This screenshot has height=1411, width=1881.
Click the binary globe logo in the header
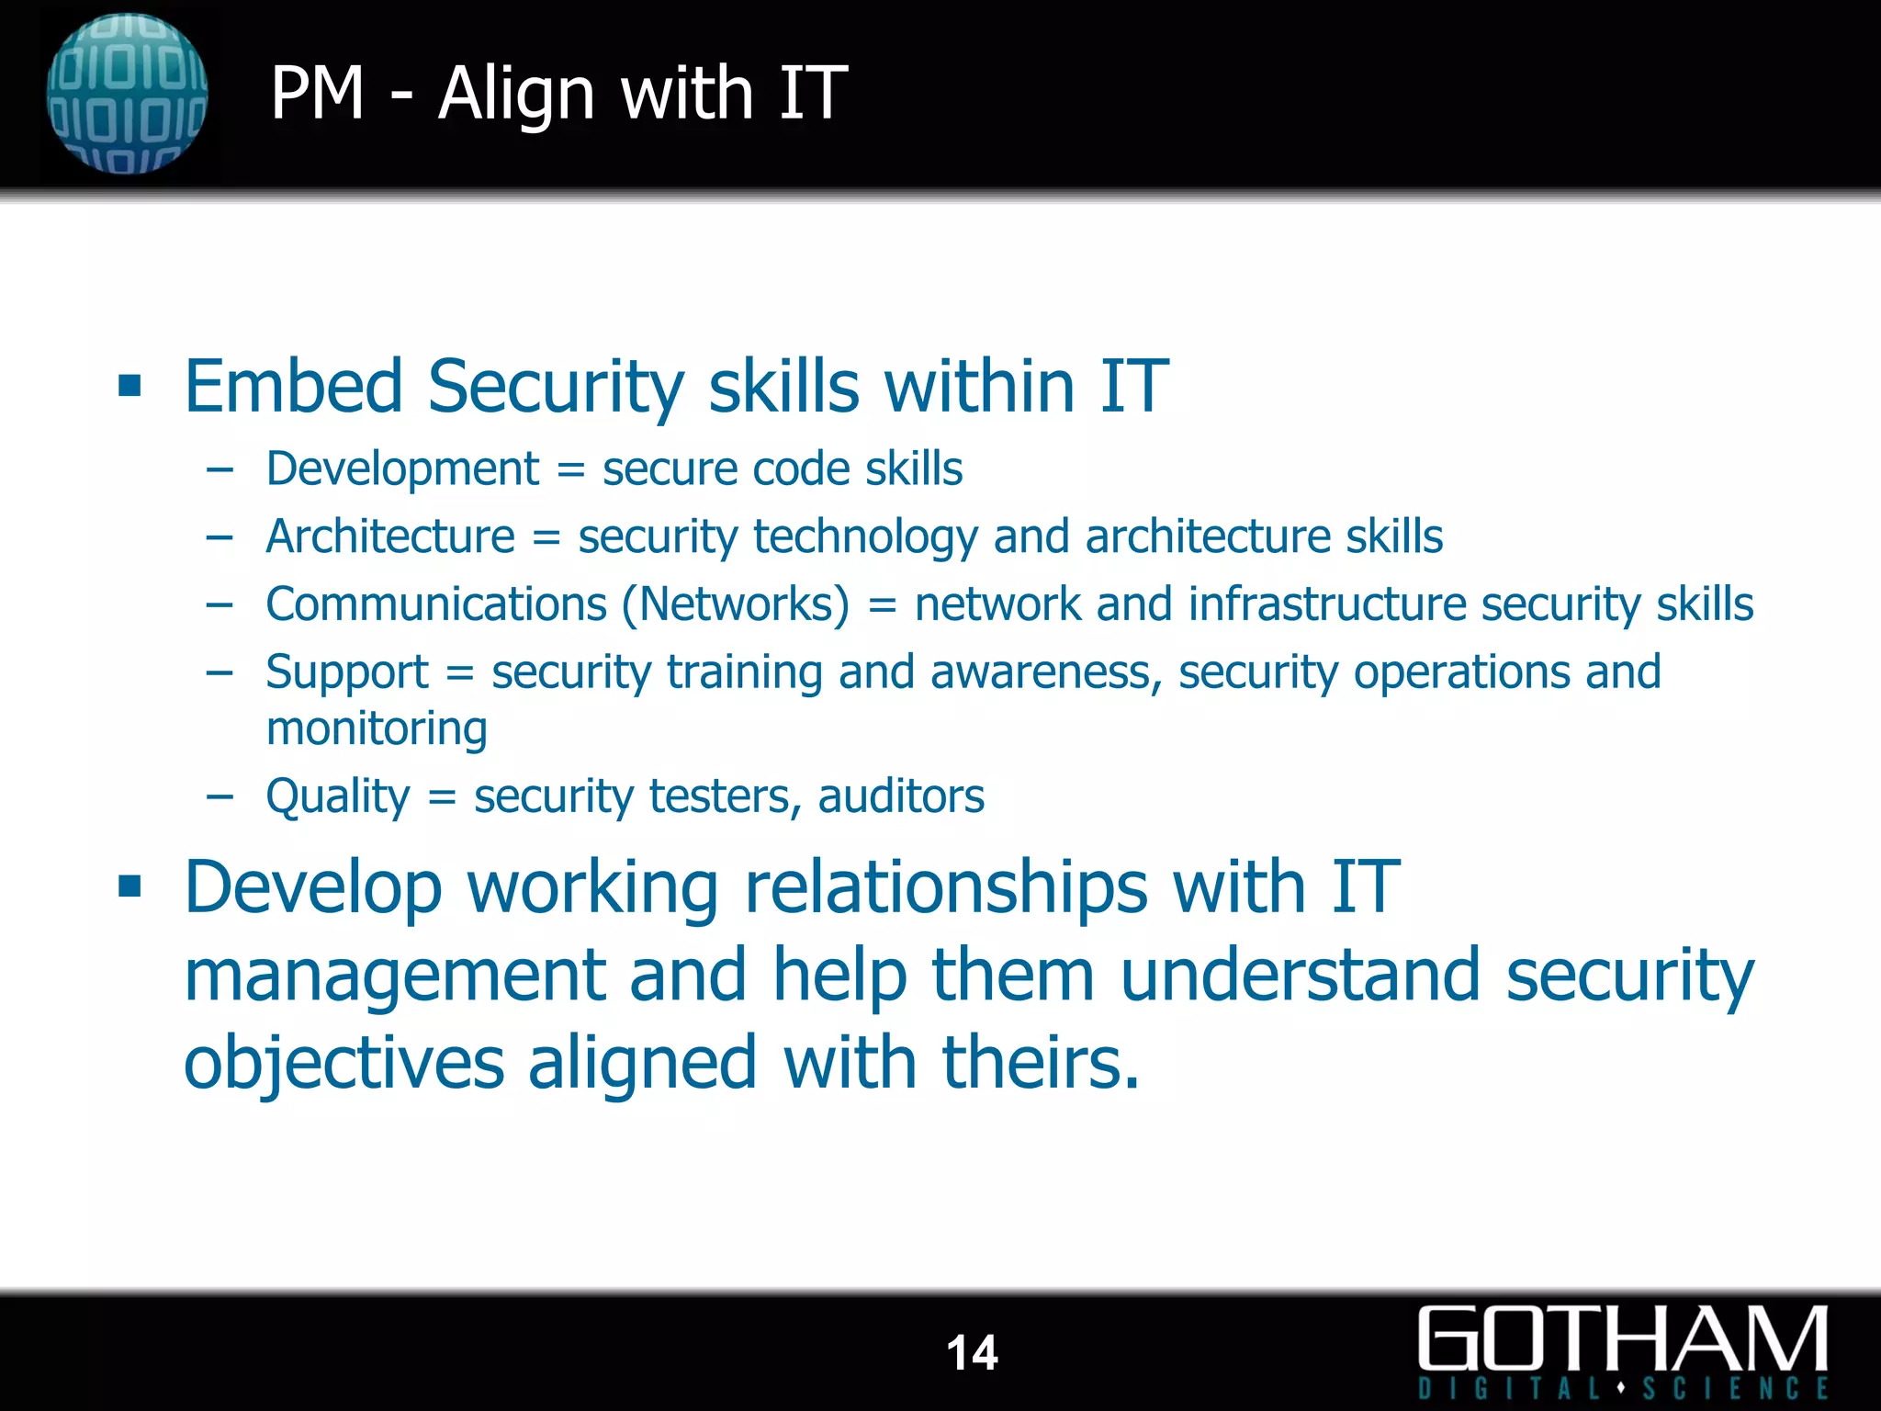coord(127,94)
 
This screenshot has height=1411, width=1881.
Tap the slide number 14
coord(972,1352)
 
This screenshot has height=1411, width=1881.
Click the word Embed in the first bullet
coord(293,386)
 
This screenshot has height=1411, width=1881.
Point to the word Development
coord(402,469)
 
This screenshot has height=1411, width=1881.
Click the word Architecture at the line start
coord(390,536)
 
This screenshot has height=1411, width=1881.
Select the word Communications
coord(436,604)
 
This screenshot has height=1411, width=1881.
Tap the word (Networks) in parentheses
coord(736,604)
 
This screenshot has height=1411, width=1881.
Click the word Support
coord(347,672)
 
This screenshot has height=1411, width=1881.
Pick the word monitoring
coord(377,729)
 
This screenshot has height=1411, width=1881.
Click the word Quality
coord(338,796)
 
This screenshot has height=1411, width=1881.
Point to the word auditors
coord(901,796)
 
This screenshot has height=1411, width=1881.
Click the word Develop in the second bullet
coord(313,887)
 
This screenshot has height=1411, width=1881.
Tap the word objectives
coord(344,1063)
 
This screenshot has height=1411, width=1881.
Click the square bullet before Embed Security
coord(130,386)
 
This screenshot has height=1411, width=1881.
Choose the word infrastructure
coord(1327,604)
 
